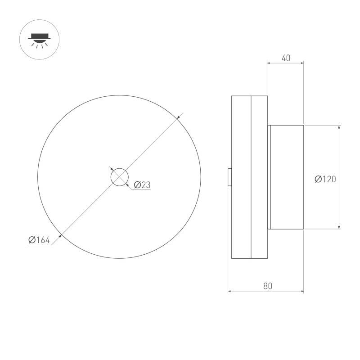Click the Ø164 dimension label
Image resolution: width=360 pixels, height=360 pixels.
coord(39,240)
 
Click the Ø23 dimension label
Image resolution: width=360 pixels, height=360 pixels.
coord(142,184)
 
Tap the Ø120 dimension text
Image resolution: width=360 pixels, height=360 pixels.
coord(325,179)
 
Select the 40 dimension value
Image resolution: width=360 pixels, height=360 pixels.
coord(286,58)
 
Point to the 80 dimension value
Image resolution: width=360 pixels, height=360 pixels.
coord(268,286)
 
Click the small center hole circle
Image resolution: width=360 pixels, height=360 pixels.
coord(119,177)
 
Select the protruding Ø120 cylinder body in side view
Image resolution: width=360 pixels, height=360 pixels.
coord(287,177)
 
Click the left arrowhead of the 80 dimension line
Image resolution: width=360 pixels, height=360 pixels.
coord(230,292)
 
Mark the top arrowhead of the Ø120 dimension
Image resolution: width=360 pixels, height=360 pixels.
coord(338,128)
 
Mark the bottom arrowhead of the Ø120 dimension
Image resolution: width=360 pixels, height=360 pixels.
coord(338,226)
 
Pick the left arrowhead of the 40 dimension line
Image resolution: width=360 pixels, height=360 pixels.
coord(270,63)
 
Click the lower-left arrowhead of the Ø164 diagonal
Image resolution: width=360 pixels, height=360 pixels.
coord(61,234)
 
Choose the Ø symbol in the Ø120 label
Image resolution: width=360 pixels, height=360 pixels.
coord(318,179)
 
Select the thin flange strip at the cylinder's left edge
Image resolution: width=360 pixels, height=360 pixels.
coord(269,177)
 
